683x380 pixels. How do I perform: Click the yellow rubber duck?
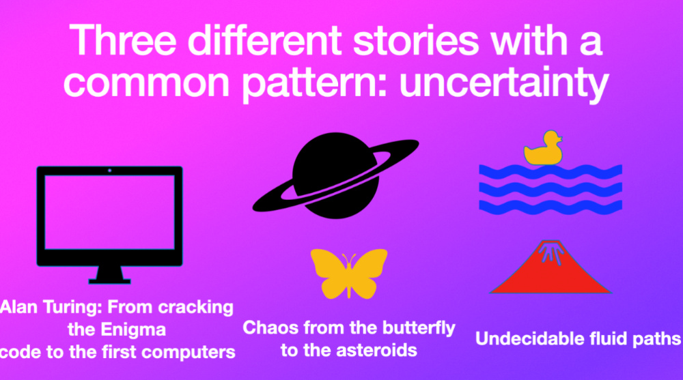pyautogui.click(x=543, y=149)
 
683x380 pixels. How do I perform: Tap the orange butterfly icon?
pyautogui.click(x=349, y=274)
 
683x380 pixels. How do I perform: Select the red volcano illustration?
pyautogui.click(x=550, y=267)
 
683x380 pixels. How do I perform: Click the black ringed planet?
pyautogui.click(x=335, y=175)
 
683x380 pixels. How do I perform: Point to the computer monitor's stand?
pyautogui.click(x=109, y=275)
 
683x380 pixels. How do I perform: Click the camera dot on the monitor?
pyautogui.click(x=109, y=171)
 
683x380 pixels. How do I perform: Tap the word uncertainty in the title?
pyautogui.click(x=503, y=83)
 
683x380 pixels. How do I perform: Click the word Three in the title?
pyautogui.click(x=123, y=40)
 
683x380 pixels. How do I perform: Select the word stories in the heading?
pyautogui.click(x=416, y=40)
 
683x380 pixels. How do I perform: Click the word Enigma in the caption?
pyautogui.click(x=133, y=330)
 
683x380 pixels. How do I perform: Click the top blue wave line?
pyautogui.click(x=550, y=171)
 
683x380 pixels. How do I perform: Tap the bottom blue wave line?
pyautogui.click(x=550, y=207)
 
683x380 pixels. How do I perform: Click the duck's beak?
pyautogui.click(x=560, y=139)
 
